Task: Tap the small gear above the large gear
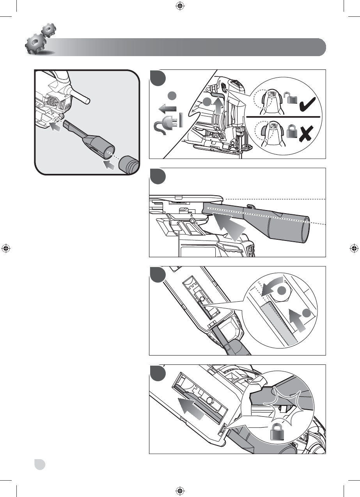49,30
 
